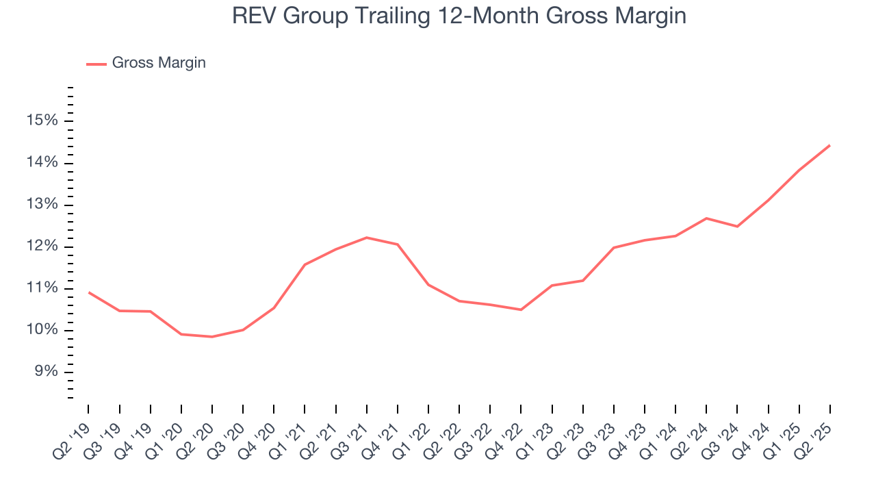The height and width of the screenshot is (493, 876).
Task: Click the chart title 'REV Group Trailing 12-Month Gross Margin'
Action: [459, 16]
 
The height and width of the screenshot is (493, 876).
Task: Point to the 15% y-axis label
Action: [42, 121]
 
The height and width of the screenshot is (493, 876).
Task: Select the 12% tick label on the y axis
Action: [42, 246]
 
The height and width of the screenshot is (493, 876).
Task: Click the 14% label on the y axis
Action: [42, 163]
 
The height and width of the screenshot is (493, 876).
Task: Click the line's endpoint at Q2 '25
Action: [829, 145]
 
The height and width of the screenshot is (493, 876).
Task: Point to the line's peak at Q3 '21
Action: [367, 238]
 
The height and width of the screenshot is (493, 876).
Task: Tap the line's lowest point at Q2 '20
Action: [212, 337]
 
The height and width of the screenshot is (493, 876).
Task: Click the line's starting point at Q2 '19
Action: [89, 292]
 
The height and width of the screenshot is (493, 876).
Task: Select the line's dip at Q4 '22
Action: [521, 309]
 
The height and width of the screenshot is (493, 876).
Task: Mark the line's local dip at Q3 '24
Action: [737, 227]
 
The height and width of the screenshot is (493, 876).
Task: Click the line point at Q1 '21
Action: [305, 264]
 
